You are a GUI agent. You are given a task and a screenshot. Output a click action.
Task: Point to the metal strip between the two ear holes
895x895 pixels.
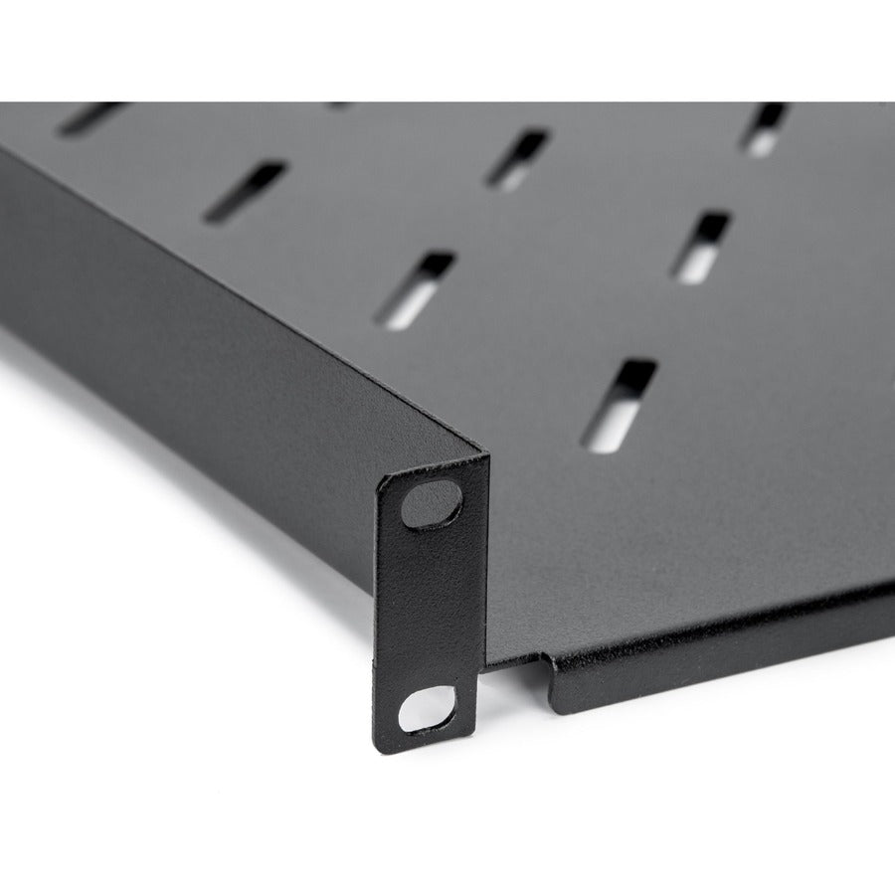pos(428,607)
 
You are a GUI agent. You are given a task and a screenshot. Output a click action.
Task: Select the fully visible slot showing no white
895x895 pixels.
pos(245,191)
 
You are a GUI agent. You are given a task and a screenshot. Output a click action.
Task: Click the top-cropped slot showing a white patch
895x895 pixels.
pos(767,128)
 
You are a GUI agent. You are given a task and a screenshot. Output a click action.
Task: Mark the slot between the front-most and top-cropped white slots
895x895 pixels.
pos(701,246)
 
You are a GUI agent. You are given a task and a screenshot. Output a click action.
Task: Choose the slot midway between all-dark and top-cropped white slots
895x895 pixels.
pos(518,159)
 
